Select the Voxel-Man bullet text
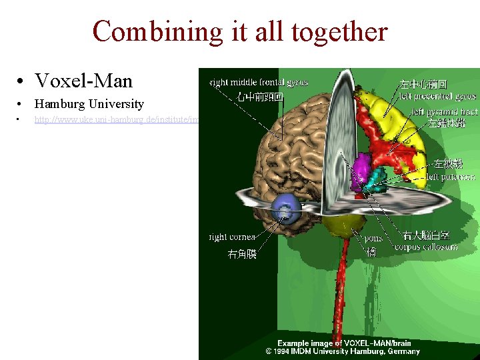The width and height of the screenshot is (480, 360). pos(84,81)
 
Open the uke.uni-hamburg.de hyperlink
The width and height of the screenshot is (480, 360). pos(117,120)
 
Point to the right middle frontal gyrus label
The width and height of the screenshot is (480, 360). pos(259,82)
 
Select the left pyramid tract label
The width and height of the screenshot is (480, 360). pos(444,111)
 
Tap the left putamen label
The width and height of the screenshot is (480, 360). pos(451,177)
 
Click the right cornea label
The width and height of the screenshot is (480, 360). pos(233,237)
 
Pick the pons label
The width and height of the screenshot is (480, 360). pos(373,238)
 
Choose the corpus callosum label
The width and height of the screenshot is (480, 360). pos(426,247)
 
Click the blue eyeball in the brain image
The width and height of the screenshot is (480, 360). pos(287,209)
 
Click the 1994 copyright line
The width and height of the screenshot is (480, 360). pos(343,351)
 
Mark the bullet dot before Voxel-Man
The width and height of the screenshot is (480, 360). pos(22,82)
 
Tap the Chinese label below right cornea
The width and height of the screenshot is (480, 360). pos(242,254)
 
